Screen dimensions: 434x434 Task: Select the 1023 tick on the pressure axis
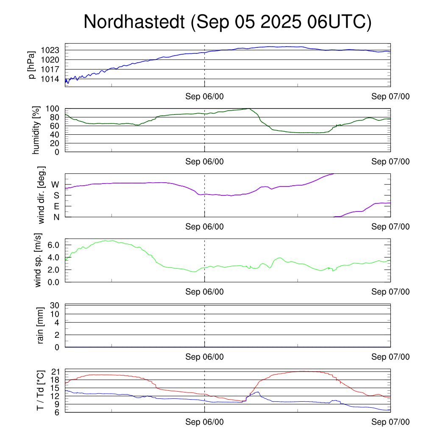(53, 50)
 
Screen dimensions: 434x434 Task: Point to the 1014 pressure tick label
(53, 79)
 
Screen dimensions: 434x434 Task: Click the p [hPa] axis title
(31, 65)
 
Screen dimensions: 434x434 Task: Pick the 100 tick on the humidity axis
(55, 109)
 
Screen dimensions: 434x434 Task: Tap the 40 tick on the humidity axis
(57, 134)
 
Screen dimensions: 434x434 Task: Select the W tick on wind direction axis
(55, 184)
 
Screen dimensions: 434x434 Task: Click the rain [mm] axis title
(41, 325)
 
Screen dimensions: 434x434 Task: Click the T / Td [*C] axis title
(41, 390)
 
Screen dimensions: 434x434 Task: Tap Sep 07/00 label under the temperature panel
(390, 422)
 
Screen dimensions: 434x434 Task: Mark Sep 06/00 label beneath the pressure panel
(204, 97)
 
